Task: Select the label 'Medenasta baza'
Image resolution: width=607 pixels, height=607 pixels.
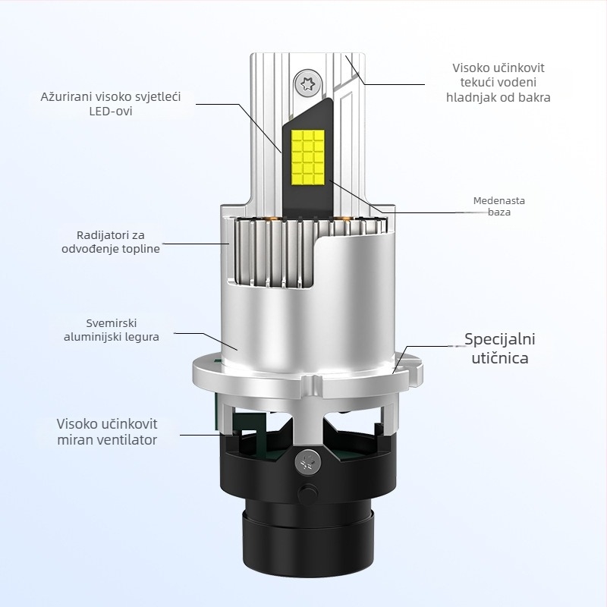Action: [x=498, y=206]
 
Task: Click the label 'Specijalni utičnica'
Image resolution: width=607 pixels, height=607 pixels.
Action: [x=496, y=348]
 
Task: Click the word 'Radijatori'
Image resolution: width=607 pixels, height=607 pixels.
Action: [x=104, y=234]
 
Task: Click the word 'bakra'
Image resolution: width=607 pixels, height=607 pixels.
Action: [x=534, y=97]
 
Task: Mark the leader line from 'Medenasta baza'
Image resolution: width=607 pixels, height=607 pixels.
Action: [x=425, y=213]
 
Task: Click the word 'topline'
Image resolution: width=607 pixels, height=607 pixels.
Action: [x=140, y=249]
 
